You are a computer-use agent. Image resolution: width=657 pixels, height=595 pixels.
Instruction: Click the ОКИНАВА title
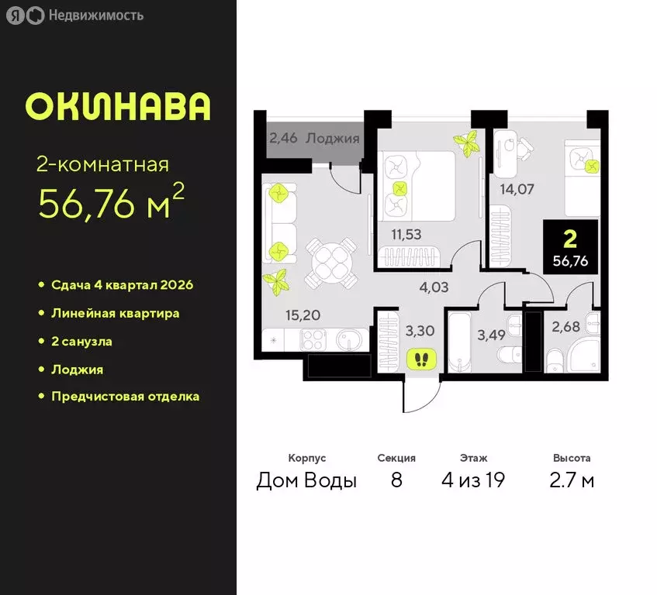click(x=118, y=107)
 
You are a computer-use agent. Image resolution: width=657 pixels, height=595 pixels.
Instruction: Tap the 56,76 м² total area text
click(x=110, y=202)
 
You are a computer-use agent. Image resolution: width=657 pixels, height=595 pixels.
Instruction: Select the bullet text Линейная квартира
click(x=115, y=314)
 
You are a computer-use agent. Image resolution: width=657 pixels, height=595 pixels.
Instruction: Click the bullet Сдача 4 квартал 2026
click(x=122, y=285)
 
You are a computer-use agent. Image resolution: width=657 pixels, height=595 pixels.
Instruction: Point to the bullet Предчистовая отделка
click(x=125, y=397)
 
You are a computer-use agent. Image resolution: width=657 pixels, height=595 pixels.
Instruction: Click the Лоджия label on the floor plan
click(x=332, y=139)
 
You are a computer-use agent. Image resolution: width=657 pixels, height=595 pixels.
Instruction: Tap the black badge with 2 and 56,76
click(x=570, y=245)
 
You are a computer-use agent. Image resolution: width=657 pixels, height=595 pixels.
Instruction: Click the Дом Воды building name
click(x=306, y=480)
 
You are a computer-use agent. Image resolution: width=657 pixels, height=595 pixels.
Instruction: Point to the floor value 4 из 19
click(x=473, y=480)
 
